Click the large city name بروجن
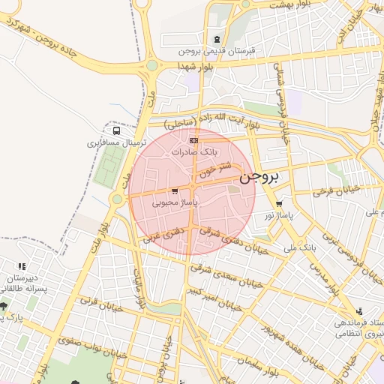pyautogui.click(x=259, y=178)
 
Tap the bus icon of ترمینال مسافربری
pyautogui.click(x=115, y=130)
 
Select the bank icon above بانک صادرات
pyautogui.click(x=193, y=140)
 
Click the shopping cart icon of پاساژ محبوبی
pyautogui.click(x=175, y=191)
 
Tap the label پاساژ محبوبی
pyautogui.click(x=174, y=202)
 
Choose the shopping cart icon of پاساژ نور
pyautogui.click(x=279, y=203)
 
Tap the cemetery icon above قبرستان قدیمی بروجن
pyautogui.click(x=217, y=40)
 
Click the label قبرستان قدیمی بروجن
pyautogui.click(x=217, y=52)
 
